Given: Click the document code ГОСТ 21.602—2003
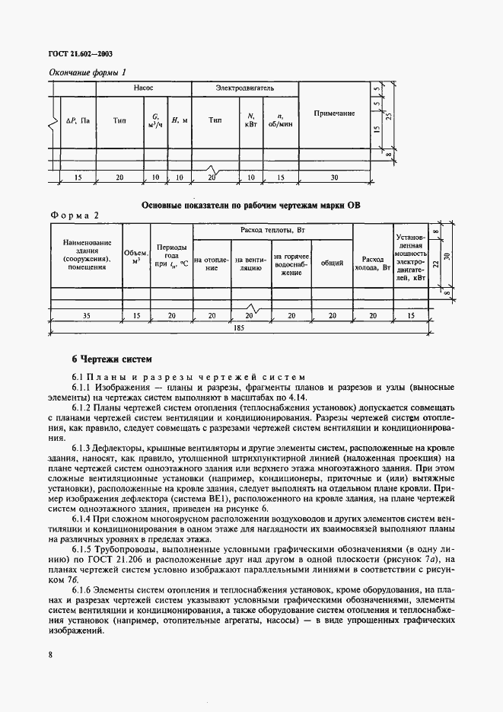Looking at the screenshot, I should point(80,56).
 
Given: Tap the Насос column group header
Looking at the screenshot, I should point(144,89).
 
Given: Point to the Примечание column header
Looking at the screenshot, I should point(334,113).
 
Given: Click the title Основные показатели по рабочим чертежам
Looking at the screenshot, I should point(251,205).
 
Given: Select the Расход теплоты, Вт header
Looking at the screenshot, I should point(272,230).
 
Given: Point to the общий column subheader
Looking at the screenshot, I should point(332,263).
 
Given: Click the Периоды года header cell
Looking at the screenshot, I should point(171,255).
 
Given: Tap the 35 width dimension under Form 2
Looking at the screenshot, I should point(85,314).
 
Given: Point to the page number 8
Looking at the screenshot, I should point(50,653).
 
